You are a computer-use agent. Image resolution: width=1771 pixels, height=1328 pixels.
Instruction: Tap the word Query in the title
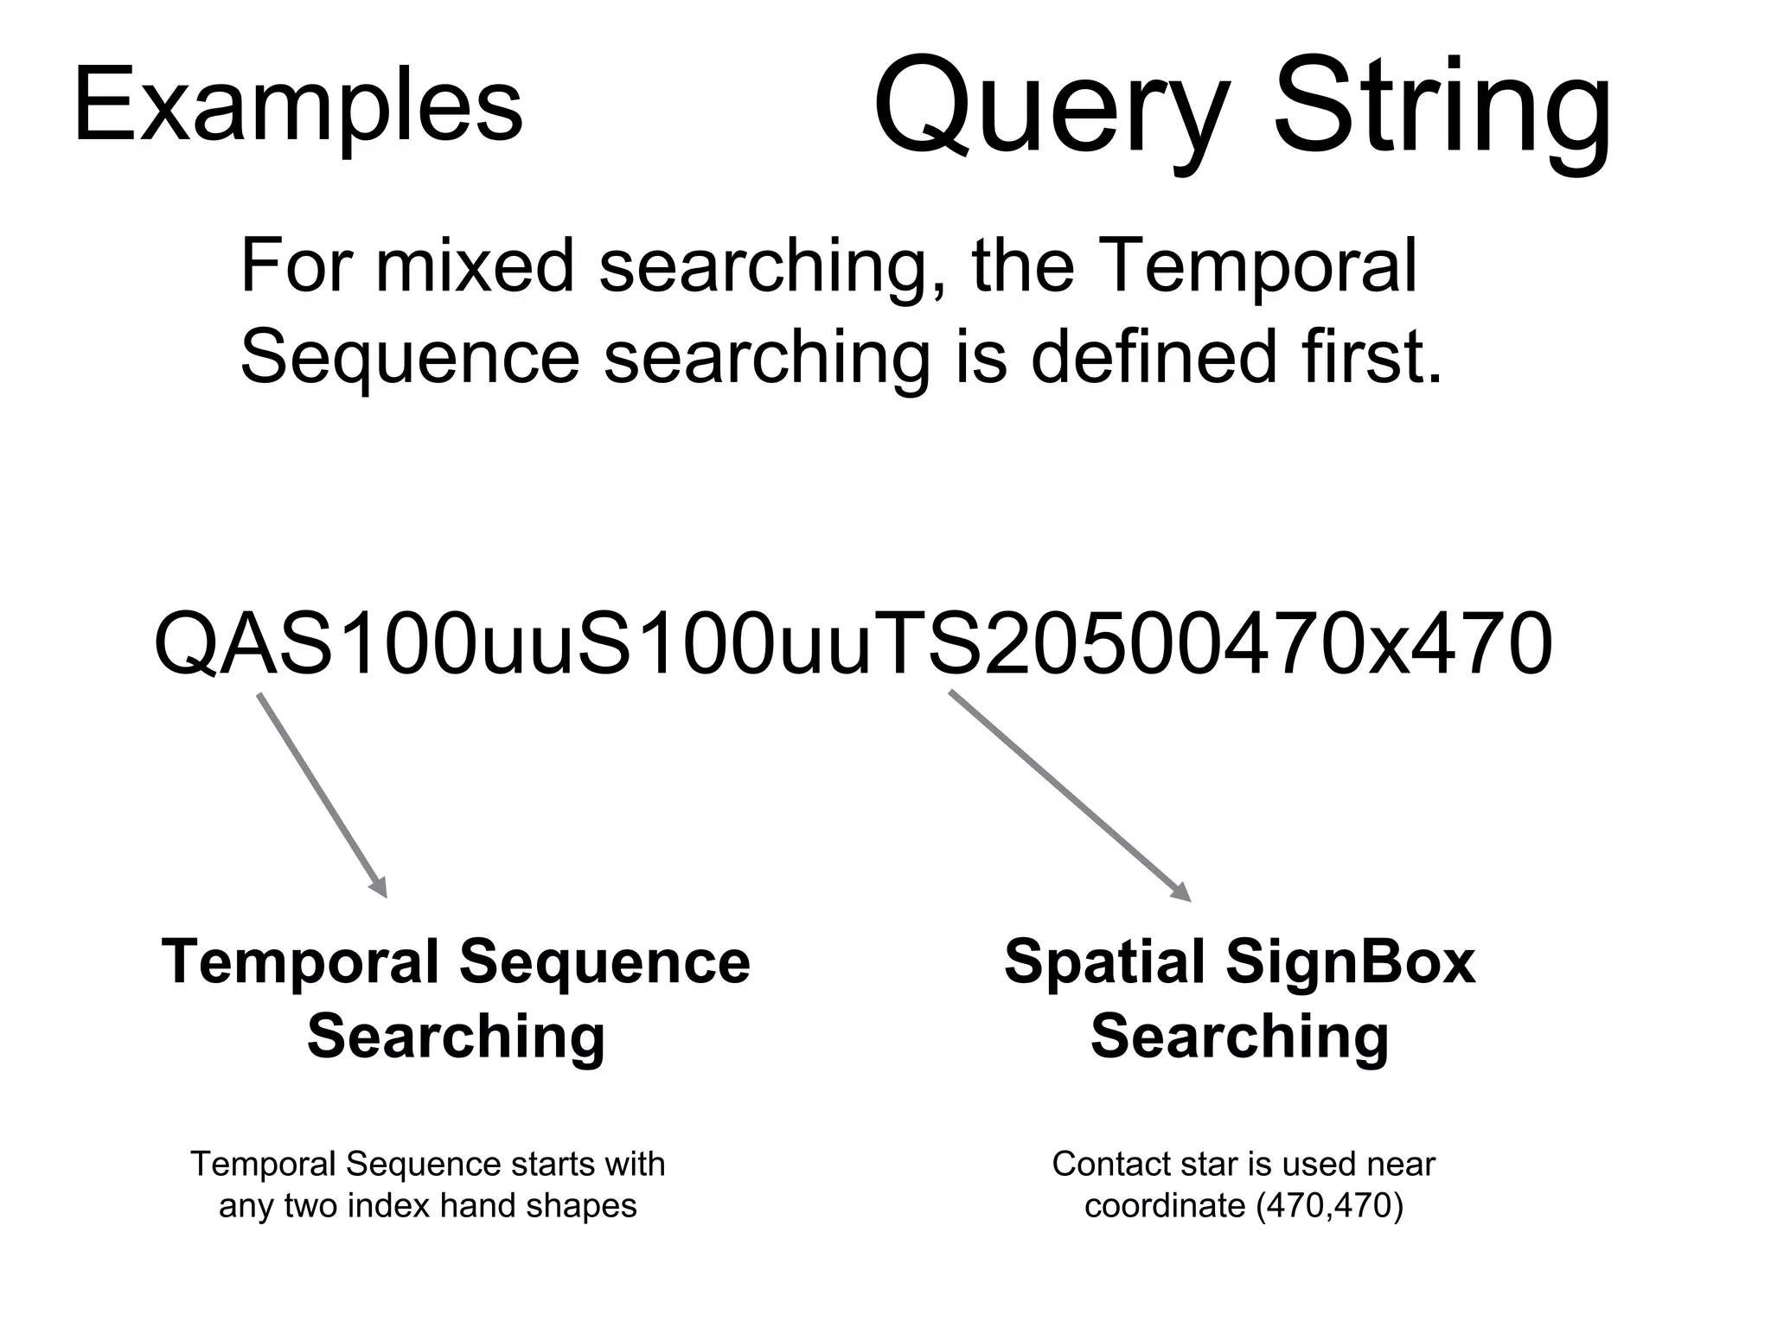coord(1051,108)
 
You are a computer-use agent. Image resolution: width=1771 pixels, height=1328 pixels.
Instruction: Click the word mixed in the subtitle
coord(475,265)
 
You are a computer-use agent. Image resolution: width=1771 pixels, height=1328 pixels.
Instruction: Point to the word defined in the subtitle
coord(1154,356)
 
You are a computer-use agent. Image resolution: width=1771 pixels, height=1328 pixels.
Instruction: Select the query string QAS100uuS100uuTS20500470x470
coord(853,644)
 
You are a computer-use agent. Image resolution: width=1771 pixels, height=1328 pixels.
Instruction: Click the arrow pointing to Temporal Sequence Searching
coord(322,795)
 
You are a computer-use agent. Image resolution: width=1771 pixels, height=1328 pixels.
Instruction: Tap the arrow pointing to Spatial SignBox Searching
coord(1070,795)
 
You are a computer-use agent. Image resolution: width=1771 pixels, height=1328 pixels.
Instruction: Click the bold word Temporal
coord(301,962)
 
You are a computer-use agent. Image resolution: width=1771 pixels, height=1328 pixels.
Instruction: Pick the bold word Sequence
coord(604,962)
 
